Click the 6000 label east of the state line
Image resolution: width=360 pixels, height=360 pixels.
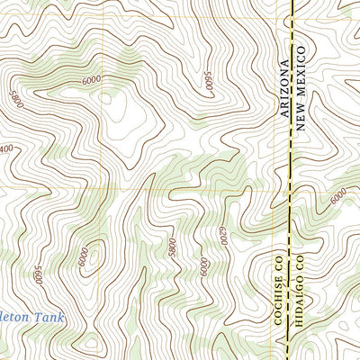(x=337, y=195)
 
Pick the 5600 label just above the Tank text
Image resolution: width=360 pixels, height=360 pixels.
(x=38, y=273)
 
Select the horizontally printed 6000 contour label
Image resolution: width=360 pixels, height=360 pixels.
(x=91, y=80)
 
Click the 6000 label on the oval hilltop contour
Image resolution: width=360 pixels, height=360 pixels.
(x=83, y=256)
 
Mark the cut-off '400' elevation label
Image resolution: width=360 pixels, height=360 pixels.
(x=7, y=147)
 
